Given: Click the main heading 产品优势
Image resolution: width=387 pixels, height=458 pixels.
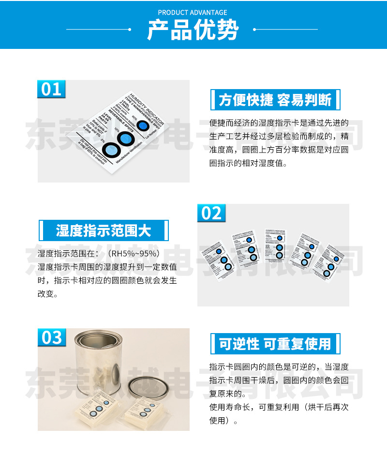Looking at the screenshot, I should point(193,31).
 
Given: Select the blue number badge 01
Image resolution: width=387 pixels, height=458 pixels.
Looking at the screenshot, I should point(51,89).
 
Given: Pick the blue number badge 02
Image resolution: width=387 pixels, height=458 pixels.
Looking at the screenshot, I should point(211,213).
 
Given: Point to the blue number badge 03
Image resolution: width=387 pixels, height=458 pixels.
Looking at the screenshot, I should point(52,337).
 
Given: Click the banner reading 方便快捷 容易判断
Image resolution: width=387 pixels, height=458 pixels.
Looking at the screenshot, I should point(275,100).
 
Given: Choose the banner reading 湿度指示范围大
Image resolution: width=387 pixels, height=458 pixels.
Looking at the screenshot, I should point(104,230).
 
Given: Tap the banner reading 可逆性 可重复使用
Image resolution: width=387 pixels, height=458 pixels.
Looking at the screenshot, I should point(275,344).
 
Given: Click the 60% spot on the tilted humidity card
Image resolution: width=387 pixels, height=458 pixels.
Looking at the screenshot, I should point(142,126).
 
